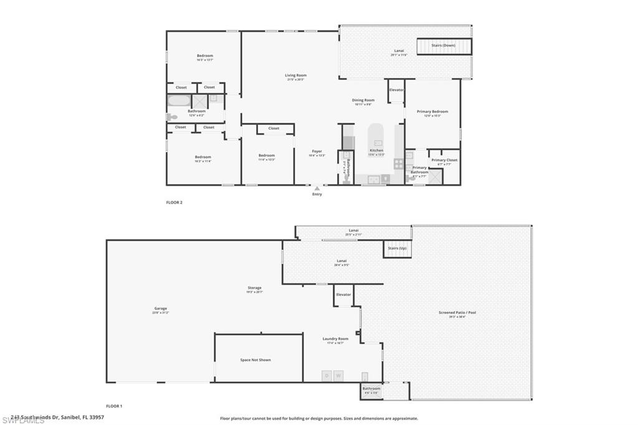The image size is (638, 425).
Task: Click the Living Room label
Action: [x=297, y=75]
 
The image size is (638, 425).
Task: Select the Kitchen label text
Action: [x=376, y=151]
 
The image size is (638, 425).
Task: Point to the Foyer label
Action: [x=317, y=151]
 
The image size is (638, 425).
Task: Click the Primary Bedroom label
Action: [x=432, y=112]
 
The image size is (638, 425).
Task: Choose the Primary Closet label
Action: [x=444, y=161]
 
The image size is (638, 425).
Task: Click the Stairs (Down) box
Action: [x=444, y=46]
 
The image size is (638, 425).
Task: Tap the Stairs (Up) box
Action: [x=398, y=249]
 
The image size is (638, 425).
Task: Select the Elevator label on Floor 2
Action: [x=396, y=90]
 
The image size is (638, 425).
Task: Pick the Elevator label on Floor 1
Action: [x=343, y=294]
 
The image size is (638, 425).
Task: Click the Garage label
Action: [x=161, y=308]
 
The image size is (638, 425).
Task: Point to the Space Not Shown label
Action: [x=255, y=360]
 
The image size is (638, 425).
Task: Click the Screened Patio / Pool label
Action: [x=457, y=313]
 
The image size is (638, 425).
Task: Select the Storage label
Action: [x=254, y=288]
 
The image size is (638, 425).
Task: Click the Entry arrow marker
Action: [x=317, y=188]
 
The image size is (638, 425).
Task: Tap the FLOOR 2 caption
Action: [x=174, y=203]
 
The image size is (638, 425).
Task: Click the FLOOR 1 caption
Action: [x=114, y=406]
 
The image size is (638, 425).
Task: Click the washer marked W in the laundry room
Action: [x=338, y=376]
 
